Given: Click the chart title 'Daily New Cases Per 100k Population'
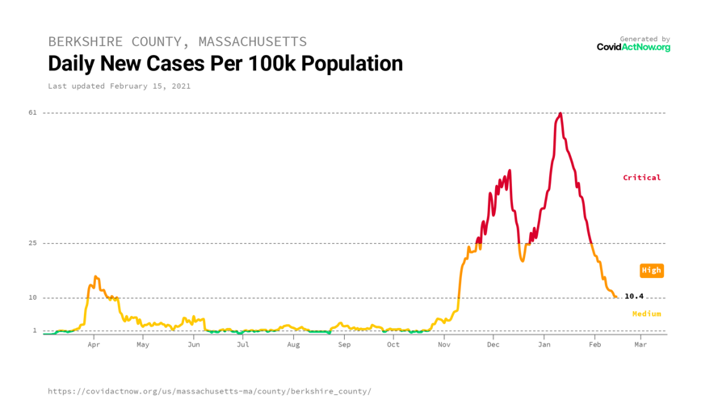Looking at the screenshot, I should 225,63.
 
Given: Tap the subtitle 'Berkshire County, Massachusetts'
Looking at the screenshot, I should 178,41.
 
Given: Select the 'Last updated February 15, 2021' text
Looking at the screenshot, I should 120,86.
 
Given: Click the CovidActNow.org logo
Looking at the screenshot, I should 633,47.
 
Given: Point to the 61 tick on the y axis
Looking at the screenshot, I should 32,112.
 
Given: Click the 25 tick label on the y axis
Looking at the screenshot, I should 32,243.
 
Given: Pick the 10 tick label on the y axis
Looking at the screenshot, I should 32,297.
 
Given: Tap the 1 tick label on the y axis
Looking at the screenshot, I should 35,330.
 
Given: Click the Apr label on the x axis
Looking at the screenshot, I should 94,344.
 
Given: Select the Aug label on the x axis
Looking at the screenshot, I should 293,344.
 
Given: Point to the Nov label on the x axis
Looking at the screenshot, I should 444,344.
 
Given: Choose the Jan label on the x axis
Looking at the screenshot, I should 544,344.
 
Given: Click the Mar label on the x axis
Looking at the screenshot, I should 640,344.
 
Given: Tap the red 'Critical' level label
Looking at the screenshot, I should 641,178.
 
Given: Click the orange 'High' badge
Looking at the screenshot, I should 651,271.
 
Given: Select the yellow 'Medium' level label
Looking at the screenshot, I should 646,314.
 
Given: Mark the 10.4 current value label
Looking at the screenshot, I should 634,297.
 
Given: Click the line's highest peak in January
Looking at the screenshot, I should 560,114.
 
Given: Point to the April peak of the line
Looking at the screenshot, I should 95,276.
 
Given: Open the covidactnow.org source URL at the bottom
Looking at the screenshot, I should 209,391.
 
